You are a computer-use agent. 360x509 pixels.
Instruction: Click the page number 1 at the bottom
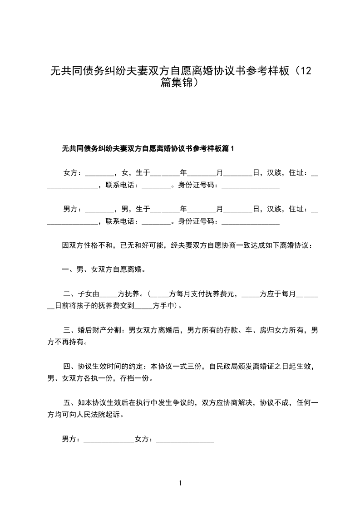pos(180,483)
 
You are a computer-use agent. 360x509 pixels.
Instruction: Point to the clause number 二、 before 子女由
pos(69,294)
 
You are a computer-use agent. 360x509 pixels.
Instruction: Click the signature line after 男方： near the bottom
pos(109,440)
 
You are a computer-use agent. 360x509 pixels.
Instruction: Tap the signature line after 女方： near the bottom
pos(185,440)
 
